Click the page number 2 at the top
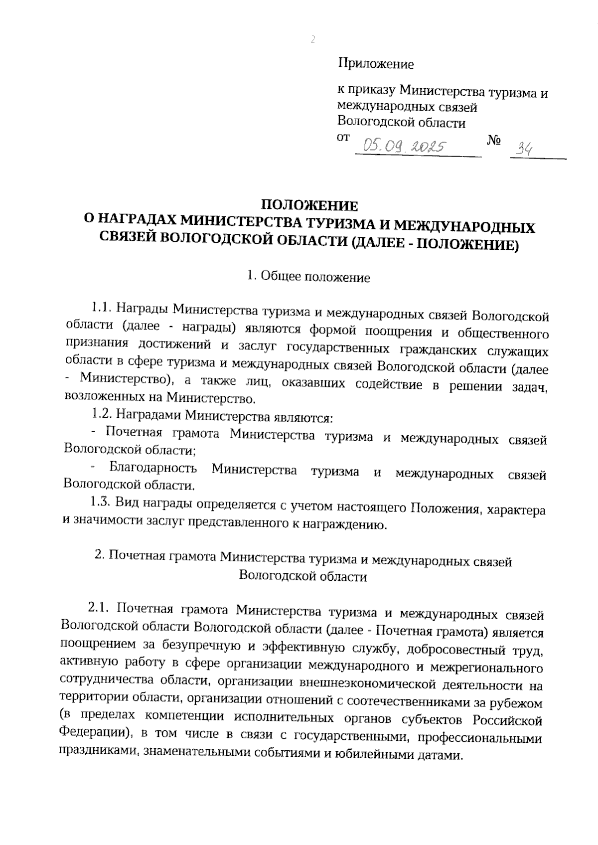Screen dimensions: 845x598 tap(313, 40)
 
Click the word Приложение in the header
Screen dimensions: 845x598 tap(376, 64)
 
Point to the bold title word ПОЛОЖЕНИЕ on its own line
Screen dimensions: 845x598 tap(310, 205)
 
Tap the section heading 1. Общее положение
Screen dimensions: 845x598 tap(309, 277)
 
